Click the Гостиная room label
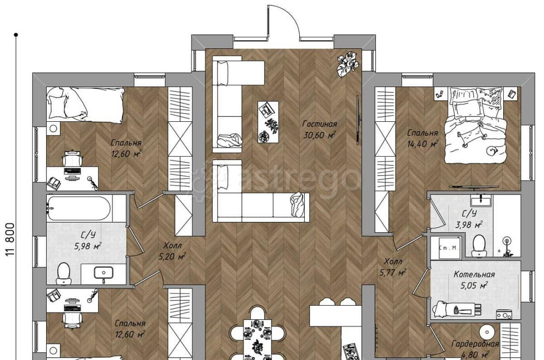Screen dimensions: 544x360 (319, 124)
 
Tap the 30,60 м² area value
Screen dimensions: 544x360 (319, 135)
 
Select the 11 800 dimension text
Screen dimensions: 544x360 (10, 239)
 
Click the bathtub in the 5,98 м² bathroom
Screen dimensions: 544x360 (79, 208)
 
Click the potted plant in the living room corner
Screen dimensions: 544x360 (347, 64)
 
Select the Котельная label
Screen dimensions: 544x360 (474, 275)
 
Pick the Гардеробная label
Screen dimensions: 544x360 (475, 344)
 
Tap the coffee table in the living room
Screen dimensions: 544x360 (268, 121)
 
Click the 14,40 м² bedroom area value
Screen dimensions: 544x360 (423, 144)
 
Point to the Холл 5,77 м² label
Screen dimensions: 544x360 (393, 267)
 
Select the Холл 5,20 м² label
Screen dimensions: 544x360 (172, 251)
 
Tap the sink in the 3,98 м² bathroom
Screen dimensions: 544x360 (481, 200)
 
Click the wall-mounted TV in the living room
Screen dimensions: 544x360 (358, 120)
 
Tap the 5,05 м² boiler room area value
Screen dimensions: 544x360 (474, 286)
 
